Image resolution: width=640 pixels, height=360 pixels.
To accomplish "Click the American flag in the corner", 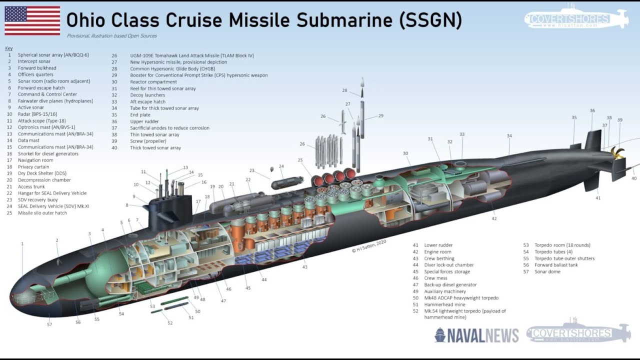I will [32, 20].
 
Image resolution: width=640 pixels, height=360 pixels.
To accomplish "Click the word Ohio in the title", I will [87, 20].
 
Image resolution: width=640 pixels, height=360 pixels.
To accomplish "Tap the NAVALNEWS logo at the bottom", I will [476, 335].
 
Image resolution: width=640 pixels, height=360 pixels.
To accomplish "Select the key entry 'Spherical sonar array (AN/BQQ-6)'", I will [53, 55].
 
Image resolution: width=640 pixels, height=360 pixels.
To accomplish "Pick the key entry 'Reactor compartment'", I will [153, 82].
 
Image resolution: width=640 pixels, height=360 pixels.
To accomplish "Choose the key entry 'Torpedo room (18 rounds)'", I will [556, 245].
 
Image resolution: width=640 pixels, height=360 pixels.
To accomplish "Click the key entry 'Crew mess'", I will [435, 278].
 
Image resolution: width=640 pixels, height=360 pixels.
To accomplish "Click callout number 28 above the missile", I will [344, 90].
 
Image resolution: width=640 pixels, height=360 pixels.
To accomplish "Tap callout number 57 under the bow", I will [49, 324].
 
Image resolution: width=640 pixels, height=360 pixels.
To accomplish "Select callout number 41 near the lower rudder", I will [597, 198].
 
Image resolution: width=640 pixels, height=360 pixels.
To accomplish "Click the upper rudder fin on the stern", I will [592, 140].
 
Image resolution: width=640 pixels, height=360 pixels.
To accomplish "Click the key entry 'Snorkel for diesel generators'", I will [48, 153].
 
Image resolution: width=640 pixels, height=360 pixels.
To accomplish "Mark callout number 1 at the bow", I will [22, 243].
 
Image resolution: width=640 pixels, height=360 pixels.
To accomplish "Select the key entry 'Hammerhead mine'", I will [444, 304].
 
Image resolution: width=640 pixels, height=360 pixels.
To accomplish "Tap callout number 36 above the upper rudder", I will [592, 110].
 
